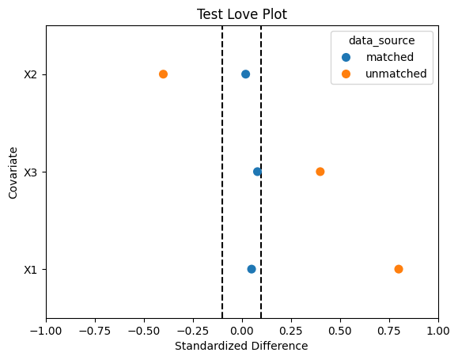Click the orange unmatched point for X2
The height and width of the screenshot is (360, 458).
tap(163, 74)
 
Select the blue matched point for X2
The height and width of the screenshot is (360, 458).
tap(246, 74)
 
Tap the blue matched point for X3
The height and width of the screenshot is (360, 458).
tap(257, 172)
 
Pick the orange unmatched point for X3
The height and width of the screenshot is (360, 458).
tap(320, 172)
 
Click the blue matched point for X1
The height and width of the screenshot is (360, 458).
tap(252, 269)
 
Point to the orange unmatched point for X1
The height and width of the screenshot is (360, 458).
tap(399, 269)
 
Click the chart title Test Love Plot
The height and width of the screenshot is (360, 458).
tap(242, 14)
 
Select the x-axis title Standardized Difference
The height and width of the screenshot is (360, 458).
tap(241, 346)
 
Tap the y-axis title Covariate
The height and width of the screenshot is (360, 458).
tap(13, 173)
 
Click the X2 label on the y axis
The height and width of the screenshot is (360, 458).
tap(30, 75)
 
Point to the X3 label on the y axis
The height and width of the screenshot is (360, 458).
tap(30, 172)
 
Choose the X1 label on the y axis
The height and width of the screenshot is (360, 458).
tap(30, 270)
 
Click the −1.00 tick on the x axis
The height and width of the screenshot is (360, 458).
tap(46, 331)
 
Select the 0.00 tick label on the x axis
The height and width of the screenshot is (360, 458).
tap(242, 331)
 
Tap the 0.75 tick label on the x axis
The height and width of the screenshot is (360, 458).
tap(389, 331)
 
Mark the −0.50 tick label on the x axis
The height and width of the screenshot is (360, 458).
tap(144, 331)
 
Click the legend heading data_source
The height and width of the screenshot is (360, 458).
tap(382, 40)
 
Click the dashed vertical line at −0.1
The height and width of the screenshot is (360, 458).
tap(222, 172)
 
